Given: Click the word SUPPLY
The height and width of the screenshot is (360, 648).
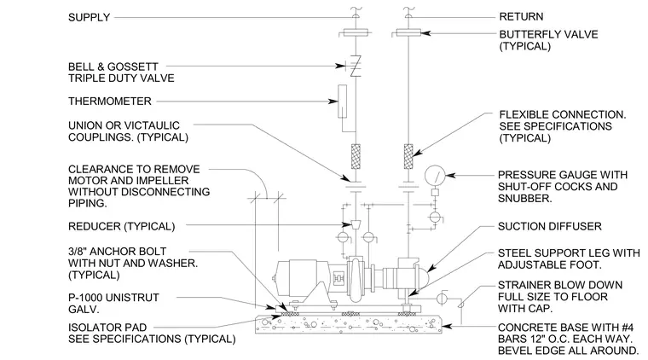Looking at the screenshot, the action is coord(89,17).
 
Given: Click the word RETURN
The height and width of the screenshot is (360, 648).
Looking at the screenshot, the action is coord(521,17).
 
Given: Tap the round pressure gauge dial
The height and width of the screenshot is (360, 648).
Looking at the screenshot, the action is coord(435,176).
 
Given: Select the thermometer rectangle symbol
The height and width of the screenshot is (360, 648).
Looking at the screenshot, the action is coord(342,102).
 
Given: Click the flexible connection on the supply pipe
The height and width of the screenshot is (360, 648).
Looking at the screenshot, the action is coord(356,156).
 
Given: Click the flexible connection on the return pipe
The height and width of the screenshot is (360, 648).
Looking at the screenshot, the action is coord(408,156).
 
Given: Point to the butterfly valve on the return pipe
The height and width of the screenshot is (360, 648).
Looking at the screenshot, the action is coord(408,32).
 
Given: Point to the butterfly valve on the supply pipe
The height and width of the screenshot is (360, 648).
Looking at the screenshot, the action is coord(356,32).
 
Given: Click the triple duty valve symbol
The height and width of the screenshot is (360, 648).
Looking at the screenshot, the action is coord(356,67).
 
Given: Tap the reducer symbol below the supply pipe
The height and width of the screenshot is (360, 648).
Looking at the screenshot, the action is coord(356,224).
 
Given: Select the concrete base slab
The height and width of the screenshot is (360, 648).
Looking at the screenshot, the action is coord(349,324).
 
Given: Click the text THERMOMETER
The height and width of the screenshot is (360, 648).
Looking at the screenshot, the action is coord(109,102).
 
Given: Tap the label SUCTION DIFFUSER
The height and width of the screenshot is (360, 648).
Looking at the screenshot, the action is coord(550,227).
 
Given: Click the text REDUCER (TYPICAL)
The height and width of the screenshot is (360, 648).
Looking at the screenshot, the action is coord(121,227).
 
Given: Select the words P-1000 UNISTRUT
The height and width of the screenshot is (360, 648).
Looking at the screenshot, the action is coord(113,298).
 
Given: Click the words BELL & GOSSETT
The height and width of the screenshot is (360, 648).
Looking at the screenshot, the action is coord(113,67).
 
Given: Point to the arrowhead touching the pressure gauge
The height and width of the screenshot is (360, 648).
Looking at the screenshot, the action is coord(450,175).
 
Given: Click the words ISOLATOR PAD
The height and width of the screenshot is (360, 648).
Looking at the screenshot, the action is coord(107,328).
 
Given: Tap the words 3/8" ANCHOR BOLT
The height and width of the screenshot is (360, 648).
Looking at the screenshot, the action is coord(118,252).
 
